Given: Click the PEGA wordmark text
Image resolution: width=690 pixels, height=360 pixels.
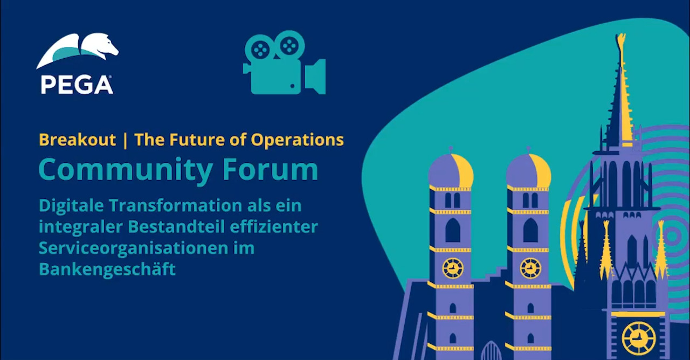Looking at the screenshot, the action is click(77, 85).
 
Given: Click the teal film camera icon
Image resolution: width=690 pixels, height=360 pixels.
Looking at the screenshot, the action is click(284, 63).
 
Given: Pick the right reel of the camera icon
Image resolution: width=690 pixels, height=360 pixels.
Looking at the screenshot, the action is click(289, 46).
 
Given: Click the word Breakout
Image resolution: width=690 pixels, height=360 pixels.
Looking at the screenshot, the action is click(77, 140).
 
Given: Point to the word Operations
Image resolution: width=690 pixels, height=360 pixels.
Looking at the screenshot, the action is click(297, 140).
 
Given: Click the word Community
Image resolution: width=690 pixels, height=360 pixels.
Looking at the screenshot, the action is click(126, 170).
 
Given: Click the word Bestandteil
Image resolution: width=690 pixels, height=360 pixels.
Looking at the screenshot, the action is click(176, 227).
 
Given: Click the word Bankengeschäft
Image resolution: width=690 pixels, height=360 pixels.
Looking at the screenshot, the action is click(107, 269).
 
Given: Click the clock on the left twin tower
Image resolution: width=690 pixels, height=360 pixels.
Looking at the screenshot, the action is click(452, 268).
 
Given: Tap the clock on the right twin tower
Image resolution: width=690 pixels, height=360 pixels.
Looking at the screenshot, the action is click(530, 268).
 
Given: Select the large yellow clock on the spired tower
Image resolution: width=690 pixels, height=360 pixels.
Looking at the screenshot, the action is click(639, 338).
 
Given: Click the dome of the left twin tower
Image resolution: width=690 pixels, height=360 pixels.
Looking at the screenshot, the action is click(451, 170).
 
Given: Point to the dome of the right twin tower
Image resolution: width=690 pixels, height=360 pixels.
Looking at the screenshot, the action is click(529, 170).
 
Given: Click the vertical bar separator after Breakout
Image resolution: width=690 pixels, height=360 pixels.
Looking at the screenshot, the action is click(125, 140).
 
